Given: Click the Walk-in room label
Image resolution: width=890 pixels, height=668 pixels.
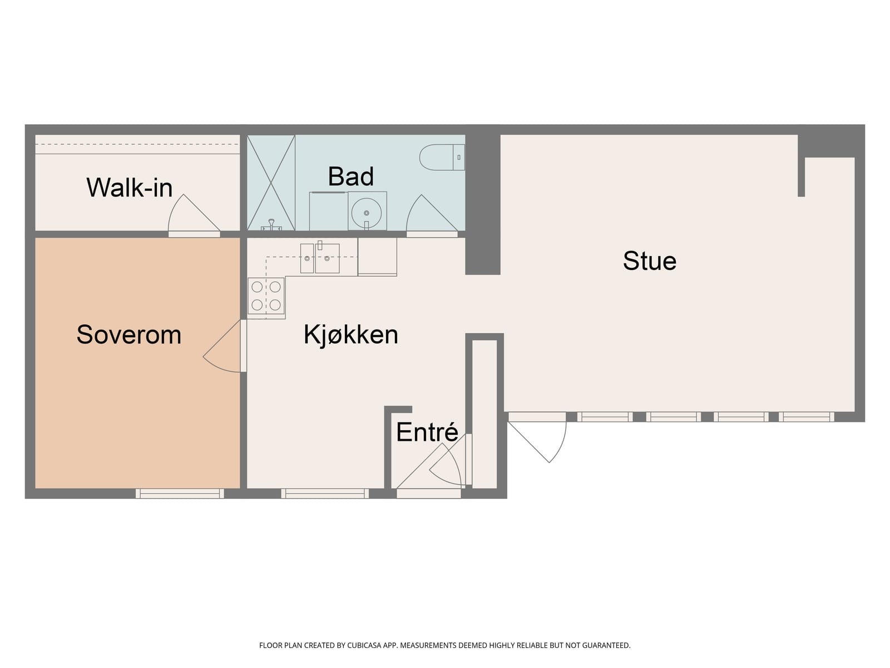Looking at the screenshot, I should [129, 188].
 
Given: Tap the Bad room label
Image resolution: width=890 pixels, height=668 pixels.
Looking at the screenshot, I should [350, 176].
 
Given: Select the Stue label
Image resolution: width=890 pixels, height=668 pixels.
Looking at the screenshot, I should [649, 261].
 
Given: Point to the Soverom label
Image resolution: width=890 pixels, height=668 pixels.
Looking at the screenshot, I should [128, 335].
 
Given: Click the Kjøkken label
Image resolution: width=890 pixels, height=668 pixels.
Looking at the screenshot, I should [350, 335].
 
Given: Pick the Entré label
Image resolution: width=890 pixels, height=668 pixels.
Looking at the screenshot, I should [427, 433].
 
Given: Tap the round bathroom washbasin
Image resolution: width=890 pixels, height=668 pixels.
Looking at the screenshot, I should [367, 211].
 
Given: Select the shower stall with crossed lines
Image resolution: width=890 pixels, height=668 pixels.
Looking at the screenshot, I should [271, 183].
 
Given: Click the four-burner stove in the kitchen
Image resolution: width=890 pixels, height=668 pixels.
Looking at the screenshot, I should [266, 296].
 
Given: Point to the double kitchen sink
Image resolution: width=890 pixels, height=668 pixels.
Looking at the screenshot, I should [320, 258].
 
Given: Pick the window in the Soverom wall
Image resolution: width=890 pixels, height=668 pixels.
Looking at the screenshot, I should [180, 493].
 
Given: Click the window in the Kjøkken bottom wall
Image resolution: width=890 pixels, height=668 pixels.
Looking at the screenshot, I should [325, 493].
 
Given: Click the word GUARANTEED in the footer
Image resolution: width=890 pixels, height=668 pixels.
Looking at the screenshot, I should [609, 646].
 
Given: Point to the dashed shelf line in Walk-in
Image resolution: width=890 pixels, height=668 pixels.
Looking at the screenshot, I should [137, 145].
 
